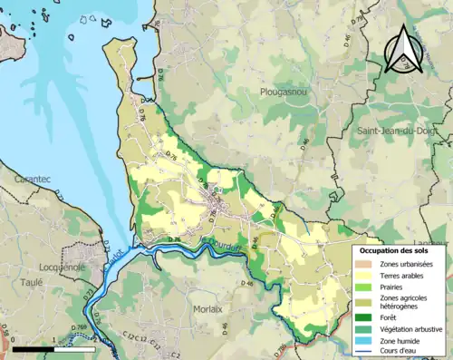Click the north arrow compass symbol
[401, 50]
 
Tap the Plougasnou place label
[285, 92]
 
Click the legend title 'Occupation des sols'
[395, 250]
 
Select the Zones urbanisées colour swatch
[366, 263]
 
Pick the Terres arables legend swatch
[366, 275]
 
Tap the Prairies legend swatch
[366, 287]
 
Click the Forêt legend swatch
[366, 317]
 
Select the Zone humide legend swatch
[366, 340]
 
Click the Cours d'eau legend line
[366, 351]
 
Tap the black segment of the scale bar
[33, 348]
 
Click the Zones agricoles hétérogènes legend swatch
[366, 302]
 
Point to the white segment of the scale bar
[74, 348]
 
